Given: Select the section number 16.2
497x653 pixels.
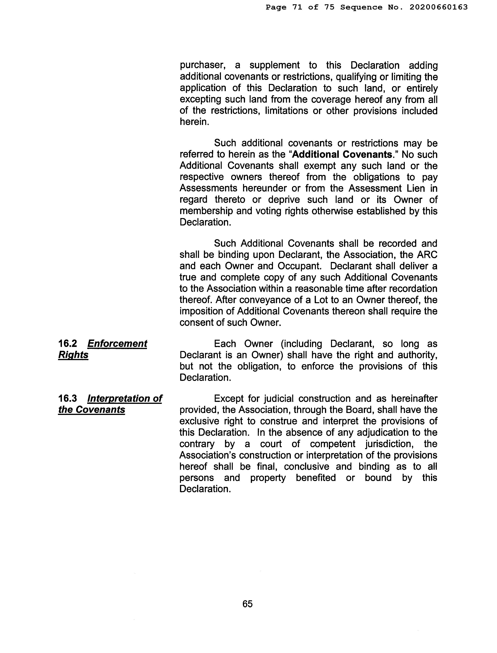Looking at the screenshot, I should point(67,344).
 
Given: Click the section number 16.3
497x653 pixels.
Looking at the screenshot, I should point(67,398).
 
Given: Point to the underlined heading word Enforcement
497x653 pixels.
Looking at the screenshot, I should point(117,344).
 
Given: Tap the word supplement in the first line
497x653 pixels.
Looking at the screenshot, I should point(274,65).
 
